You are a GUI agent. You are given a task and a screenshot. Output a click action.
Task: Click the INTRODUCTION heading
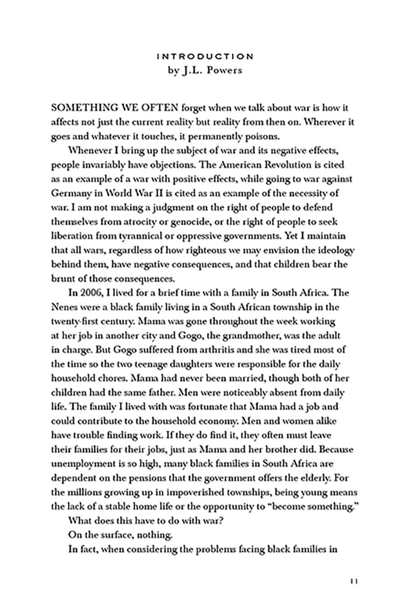[205, 56]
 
